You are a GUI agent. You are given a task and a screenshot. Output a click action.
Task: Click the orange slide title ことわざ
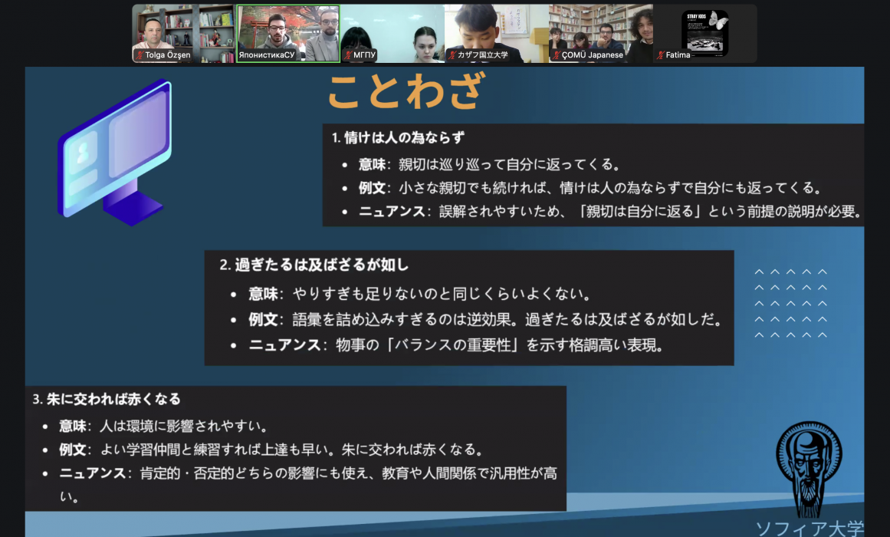coord(406,91)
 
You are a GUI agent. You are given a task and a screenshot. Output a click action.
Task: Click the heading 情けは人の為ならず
coord(404,137)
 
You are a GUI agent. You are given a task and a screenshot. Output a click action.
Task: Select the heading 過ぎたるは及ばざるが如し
coord(321,265)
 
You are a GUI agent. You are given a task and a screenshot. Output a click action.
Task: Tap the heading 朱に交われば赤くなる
coord(113,399)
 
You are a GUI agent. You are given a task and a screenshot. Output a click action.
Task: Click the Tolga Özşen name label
coord(167,55)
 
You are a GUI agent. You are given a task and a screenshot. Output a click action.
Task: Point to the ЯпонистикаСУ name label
coord(267,55)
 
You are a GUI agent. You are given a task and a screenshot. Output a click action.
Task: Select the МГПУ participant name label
coord(364,55)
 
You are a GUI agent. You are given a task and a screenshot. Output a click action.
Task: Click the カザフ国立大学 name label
coord(482,55)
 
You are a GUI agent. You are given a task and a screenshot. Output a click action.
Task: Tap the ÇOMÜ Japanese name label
coord(593,55)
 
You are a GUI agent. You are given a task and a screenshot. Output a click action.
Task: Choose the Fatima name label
coord(678,55)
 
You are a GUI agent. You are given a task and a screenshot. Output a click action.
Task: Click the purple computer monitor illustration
coord(115,153)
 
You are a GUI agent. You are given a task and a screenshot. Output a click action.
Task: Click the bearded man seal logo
coord(809,469)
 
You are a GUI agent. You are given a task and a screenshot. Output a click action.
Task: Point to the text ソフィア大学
coord(810,529)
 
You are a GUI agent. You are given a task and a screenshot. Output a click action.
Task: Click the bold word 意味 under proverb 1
coord(372,165)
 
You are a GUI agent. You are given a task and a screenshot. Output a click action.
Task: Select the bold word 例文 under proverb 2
coord(263,319)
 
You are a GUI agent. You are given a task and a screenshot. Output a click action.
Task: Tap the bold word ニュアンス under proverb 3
coord(93,473)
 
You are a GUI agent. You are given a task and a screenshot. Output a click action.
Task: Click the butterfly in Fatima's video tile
coord(718,21)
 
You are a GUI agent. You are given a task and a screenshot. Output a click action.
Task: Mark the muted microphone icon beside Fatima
coord(661,55)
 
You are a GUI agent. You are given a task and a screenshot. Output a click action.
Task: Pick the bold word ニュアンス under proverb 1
coord(392,212)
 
